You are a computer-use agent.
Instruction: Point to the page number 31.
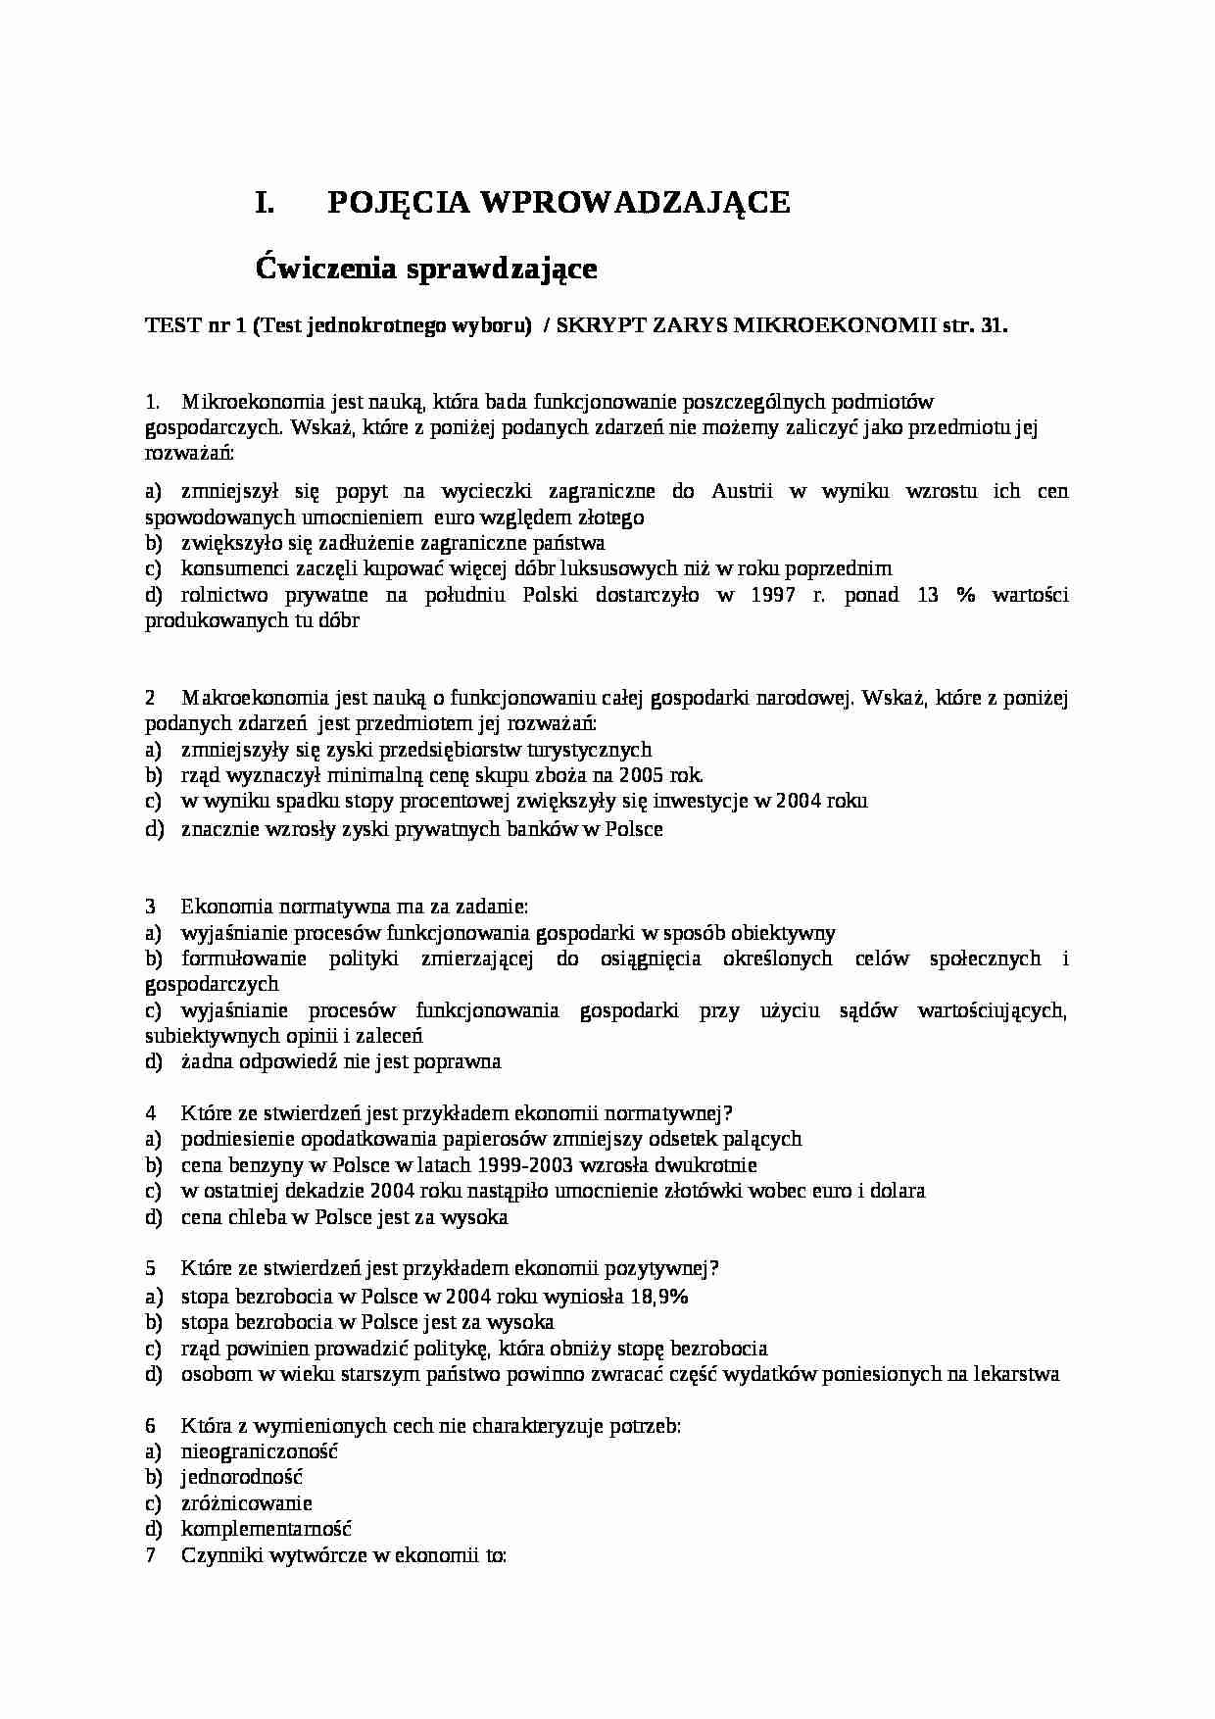993,326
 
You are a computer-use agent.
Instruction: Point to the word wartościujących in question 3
991,1010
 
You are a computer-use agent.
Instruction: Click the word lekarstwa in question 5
1017,1374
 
